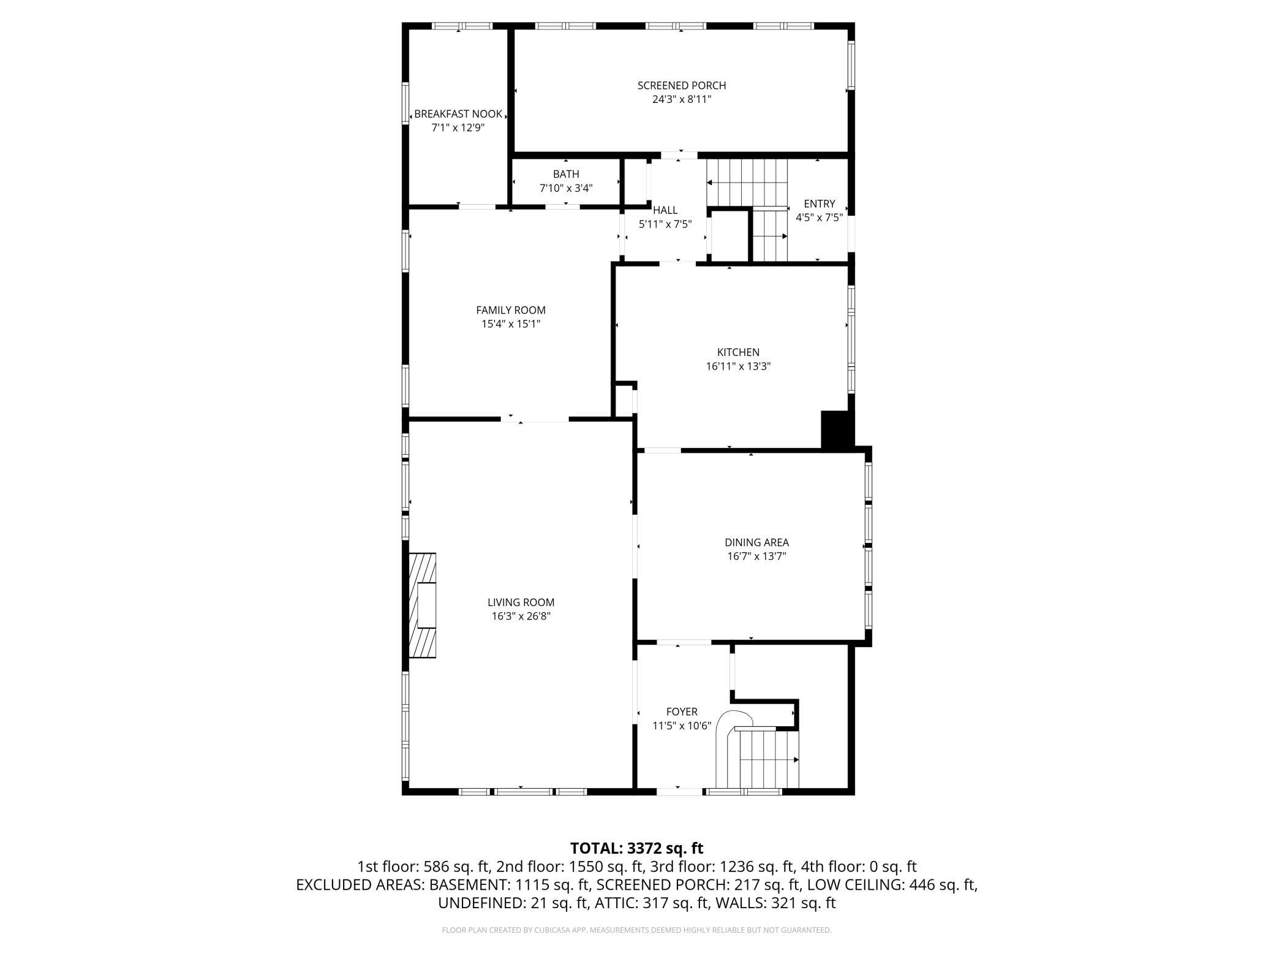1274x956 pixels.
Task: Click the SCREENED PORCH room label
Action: [x=682, y=86]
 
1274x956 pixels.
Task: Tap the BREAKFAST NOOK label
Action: [x=458, y=114]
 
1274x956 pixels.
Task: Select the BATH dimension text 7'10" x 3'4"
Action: [x=566, y=188]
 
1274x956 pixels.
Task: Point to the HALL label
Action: [x=665, y=210]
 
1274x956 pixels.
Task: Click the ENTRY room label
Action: [x=820, y=204]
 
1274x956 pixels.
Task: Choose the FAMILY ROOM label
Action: [x=511, y=311]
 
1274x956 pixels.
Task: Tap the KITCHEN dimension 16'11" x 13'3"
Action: [x=738, y=366]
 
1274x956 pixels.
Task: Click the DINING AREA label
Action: [x=756, y=542]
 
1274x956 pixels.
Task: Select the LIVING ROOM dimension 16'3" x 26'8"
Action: [x=521, y=616]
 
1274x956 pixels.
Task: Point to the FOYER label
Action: [x=682, y=712]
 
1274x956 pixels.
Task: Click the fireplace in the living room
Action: [x=423, y=605]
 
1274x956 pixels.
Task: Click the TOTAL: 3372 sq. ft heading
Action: [x=637, y=849]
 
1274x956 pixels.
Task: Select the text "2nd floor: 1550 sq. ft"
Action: [x=570, y=867]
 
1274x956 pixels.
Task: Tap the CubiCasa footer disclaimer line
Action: [x=637, y=930]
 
